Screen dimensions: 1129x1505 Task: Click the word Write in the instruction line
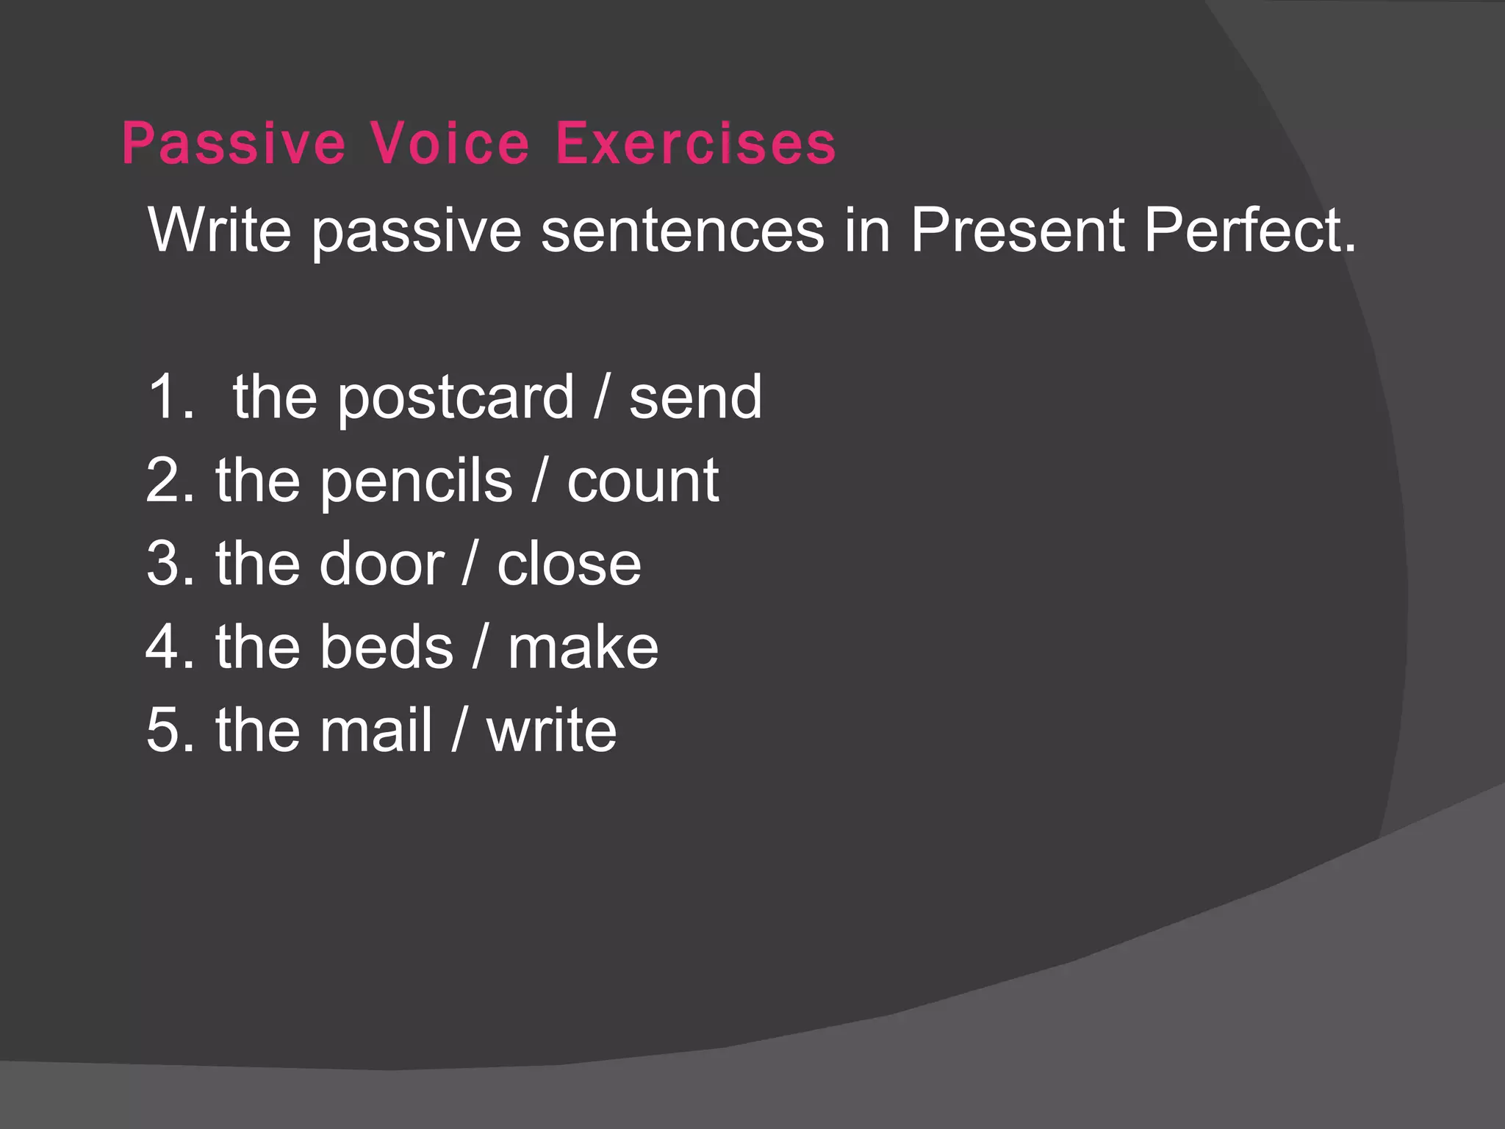pyautogui.click(x=220, y=229)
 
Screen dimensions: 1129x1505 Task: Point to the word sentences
pyautogui.click(x=683, y=229)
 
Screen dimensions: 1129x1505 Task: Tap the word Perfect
pyautogui.click(x=1249, y=229)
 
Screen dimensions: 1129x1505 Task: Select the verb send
pyautogui.click(x=695, y=397)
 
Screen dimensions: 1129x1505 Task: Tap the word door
pyautogui.click(x=381, y=564)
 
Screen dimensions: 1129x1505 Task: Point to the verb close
pyautogui.click(x=569, y=564)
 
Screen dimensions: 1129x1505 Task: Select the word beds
pyautogui.click(x=387, y=648)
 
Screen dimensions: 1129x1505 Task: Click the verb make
pyautogui.click(x=583, y=648)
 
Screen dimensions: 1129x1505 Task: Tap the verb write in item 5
pyautogui.click(x=551, y=731)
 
